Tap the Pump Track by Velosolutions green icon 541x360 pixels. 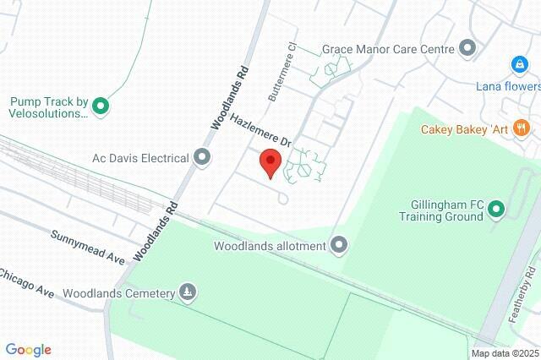tap(101, 106)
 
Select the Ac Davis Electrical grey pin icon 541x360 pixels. tap(202, 156)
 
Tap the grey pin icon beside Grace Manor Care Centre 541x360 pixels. tap(467, 48)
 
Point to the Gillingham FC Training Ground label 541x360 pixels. tap(442, 210)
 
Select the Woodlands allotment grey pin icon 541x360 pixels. tap(340, 245)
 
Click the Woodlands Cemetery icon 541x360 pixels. tap(188, 293)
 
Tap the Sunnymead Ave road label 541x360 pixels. tap(87, 246)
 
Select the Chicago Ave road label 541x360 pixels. tap(27, 283)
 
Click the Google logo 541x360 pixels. tap(28, 349)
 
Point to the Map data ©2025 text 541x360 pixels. tap(505, 353)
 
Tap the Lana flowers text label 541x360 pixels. tap(507, 86)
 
